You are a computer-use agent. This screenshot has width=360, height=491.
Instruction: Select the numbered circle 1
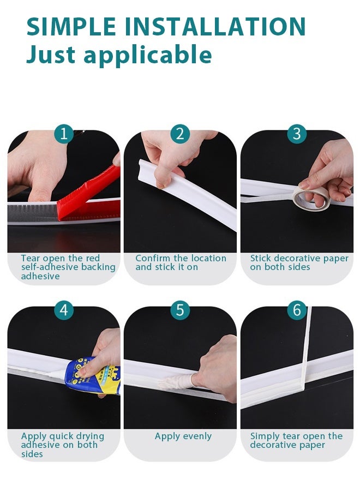pos(64,134)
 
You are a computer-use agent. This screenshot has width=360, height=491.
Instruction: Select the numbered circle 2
pos(180,134)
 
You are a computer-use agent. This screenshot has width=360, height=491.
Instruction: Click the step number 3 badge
pos(297,134)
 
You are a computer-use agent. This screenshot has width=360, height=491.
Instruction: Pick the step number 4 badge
pos(64,310)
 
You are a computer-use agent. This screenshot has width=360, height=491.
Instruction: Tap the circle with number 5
pos(180,310)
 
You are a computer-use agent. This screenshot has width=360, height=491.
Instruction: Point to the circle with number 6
pos(297,310)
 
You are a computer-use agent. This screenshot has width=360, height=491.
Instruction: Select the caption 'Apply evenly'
pos(183,436)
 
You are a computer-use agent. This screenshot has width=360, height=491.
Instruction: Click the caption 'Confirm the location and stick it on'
pos(181,262)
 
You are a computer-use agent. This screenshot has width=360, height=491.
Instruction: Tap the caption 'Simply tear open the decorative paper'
pos(296,440)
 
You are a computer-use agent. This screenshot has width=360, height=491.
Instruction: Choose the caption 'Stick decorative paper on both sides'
pos(299,262)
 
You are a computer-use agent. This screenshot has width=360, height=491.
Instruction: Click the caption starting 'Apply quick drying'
pos(62,445)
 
